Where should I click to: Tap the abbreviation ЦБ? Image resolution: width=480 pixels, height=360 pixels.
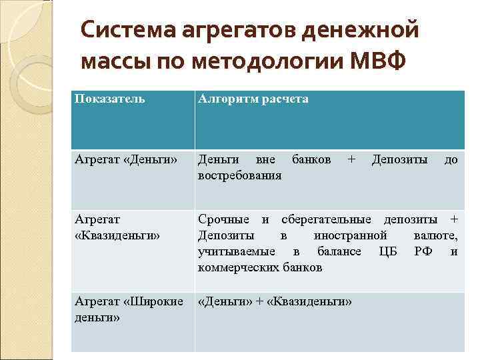[x=387, y=251]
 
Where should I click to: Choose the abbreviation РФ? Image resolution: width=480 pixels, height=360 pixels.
[x=423, y=251]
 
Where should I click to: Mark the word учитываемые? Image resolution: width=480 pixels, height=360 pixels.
[x=237, y=251]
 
